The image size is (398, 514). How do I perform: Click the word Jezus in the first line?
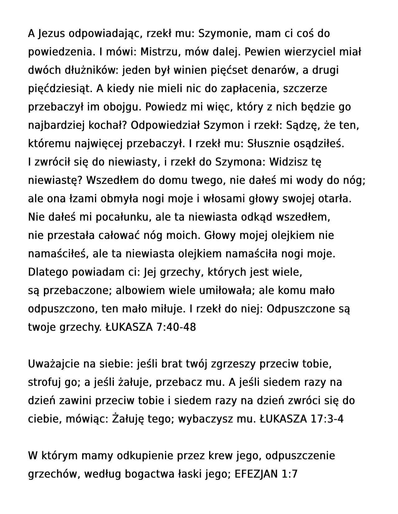(51, 33)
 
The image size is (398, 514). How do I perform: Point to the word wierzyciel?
(312, 52)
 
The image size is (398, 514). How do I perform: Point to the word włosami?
(224, 199)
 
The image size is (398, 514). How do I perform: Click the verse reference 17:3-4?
(327, 419)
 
